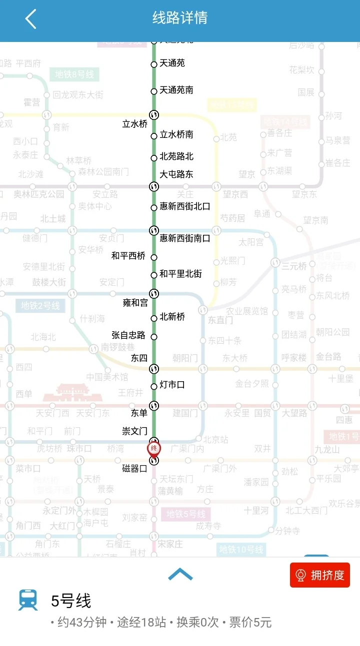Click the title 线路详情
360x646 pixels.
[180, 18]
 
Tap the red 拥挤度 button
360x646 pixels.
[320, 575]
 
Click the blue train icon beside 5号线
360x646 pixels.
[28, 600]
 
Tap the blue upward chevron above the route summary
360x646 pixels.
[180, 575]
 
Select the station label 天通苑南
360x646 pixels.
[176, 90]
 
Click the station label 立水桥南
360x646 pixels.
[176, 134]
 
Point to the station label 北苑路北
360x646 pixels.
[176, 156]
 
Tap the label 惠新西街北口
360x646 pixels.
[184, 206]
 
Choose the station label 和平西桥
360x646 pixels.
[128, 256]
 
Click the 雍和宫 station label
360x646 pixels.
[135, 303]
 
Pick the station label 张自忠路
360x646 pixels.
[128, 335]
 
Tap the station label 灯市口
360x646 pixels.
[172, 384]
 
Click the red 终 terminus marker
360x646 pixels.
[154, 448]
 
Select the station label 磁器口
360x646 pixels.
[134, 469]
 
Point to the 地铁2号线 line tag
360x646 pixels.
[40, 305]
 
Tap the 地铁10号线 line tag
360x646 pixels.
[241, 550]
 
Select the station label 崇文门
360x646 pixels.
[134, 431]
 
